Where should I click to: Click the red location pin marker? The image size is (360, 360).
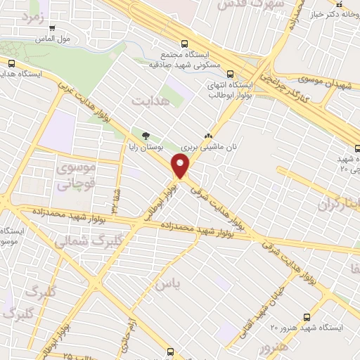point(181,167)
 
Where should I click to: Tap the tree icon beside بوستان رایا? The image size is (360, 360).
point(146,135)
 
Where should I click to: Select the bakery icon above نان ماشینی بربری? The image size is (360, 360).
point(207,135)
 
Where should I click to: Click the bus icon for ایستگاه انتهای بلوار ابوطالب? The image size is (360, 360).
point(212,73)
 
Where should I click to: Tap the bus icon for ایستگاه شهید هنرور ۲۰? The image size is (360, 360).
point(306,316)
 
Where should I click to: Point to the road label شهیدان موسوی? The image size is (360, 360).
point(319,82)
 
